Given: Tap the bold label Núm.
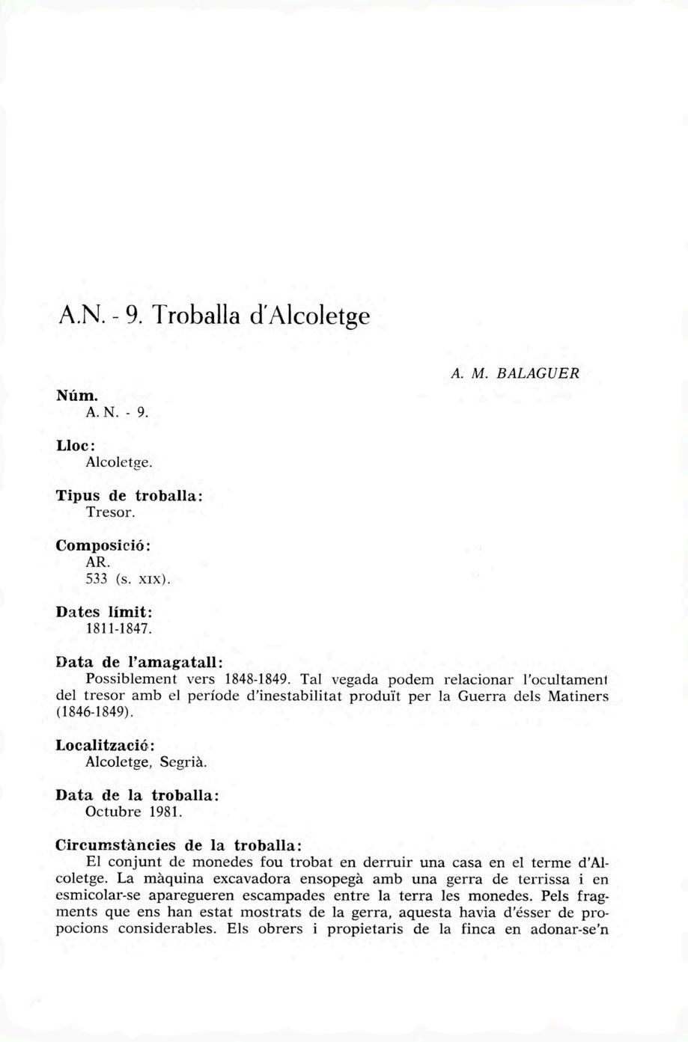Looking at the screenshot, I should point(74,394).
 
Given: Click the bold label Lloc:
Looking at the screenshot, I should point(75,445).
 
